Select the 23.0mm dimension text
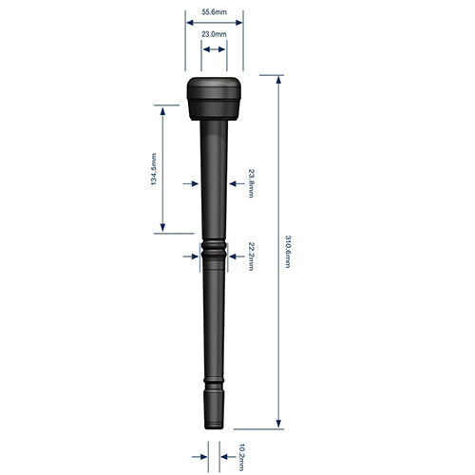(x=214, y=34)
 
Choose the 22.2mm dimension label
(x=251, y=256)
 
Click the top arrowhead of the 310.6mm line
(x=278, y=82)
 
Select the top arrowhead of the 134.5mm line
(x=163, y=111)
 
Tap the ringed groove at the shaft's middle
(x=214, y=252)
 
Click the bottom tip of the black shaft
(x=214, y=427)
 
